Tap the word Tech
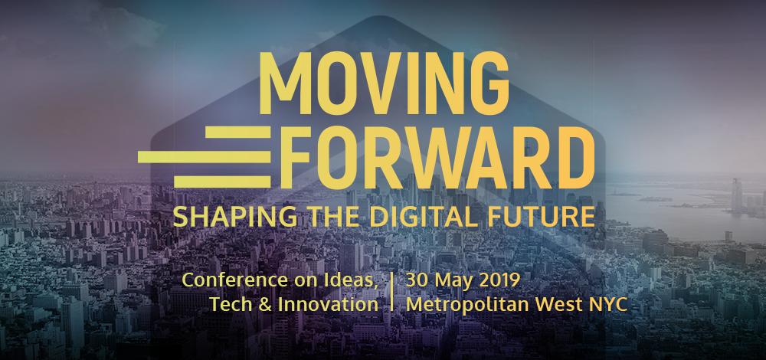tap(229, 303)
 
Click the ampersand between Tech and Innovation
tap(264, 303)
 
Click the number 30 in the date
tap(418, 280)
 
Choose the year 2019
tap(502, 280)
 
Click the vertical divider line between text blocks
tap(393, 292)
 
